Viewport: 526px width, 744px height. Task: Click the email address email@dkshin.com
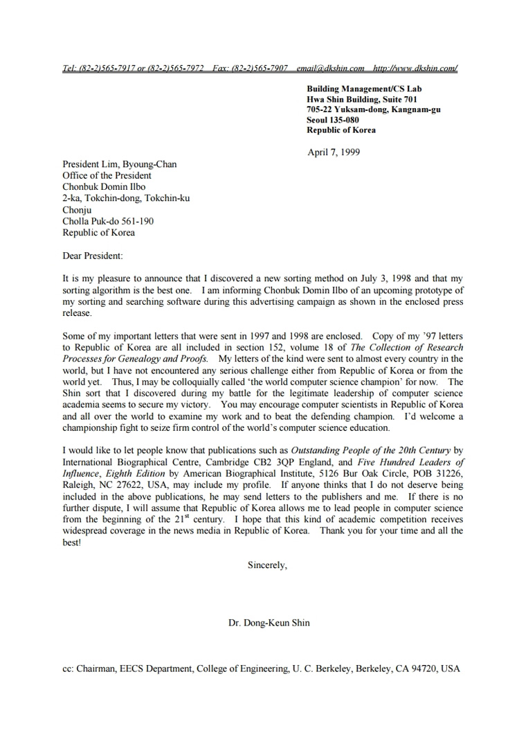[x=330, y=69]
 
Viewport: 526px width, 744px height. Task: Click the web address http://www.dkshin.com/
[x=415, y=69]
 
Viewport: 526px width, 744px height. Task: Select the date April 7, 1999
[x=334, y=152]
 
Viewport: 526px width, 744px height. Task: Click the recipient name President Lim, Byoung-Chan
[x=120, y=164]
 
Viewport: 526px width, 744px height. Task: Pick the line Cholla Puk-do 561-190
[x=108, y=221]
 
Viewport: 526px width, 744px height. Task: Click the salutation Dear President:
[x=93, y=255]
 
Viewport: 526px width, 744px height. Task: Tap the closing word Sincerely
[x=267, y=565]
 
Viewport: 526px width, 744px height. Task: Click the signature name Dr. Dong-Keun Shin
[x=269, y=623]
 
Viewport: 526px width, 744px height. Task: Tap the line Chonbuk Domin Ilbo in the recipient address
[x=102, y=187]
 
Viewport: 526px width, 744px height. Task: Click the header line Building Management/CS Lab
[x=364, y=89]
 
